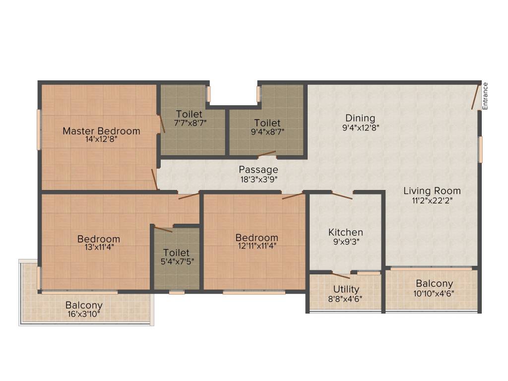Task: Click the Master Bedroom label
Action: pos(101,131)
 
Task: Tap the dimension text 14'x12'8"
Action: pos(101,139)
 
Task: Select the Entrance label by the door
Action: pos(486,96)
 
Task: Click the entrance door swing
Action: pos(475,97)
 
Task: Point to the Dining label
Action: pos(360,118)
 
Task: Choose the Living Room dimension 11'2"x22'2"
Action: pos(432,200)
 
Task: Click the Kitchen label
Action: pos(346,232)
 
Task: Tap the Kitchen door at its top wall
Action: pos(342,195)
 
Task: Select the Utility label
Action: pos(346,289)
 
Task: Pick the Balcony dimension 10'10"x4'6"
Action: pos(434,293)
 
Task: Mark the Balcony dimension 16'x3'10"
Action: pos(84,314)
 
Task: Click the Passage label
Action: pos(258,170)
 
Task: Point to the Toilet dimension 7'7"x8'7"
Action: pos(189,123)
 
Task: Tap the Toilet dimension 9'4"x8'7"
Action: pos(267,131)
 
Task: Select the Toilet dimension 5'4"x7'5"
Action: pos(176,262)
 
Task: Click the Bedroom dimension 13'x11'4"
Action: pos(99,248)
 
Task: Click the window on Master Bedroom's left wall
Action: pos(38,129)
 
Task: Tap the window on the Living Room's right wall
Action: pos(480,149)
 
